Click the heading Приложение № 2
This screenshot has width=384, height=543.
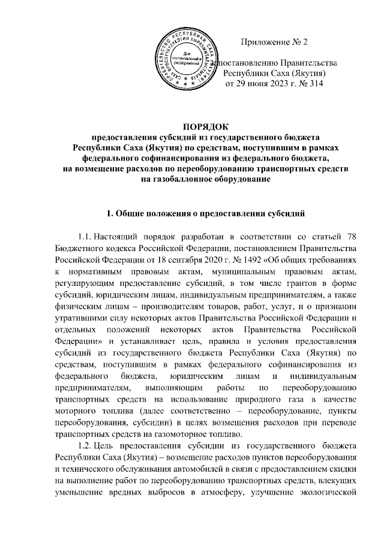[x=274, y=41]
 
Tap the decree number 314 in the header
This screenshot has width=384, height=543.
[x=315, y=84]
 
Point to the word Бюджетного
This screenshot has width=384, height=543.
[x=76, y=246]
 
